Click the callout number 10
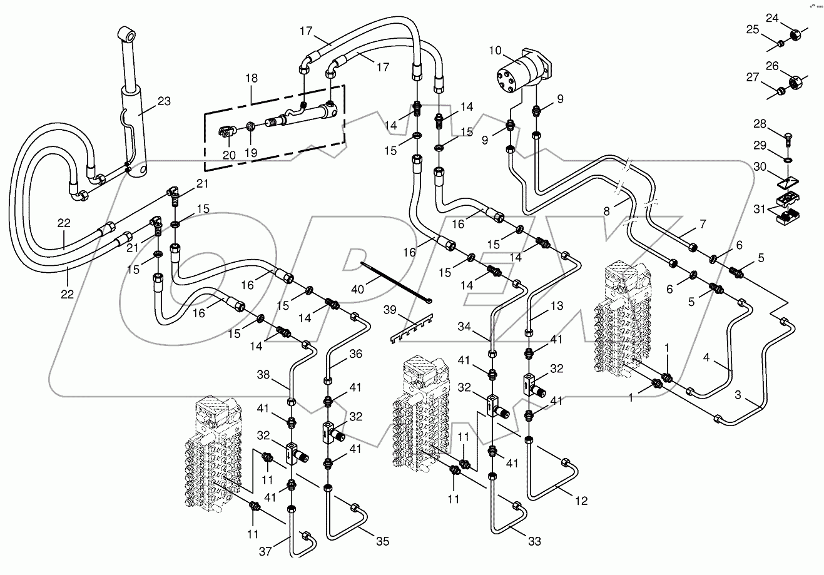(x=495, y=49)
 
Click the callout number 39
(x=390, y=310)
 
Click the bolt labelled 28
(x=789, y=133)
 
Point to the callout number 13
(x=557, y=307)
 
